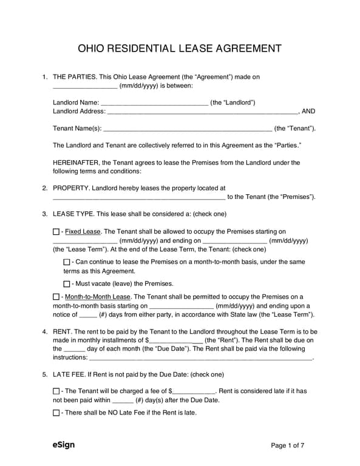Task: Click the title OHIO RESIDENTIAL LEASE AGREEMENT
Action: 180,48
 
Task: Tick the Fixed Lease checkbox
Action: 56,232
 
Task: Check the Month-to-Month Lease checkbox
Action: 56,297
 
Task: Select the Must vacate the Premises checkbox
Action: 67,284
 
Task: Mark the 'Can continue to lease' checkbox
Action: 67,262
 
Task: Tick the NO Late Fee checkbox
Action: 56,413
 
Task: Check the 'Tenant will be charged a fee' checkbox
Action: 56,391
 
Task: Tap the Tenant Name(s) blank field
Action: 188,129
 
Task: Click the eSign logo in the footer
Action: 64,445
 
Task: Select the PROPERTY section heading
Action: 72,189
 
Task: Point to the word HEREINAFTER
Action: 76,163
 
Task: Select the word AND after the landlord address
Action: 308,112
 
